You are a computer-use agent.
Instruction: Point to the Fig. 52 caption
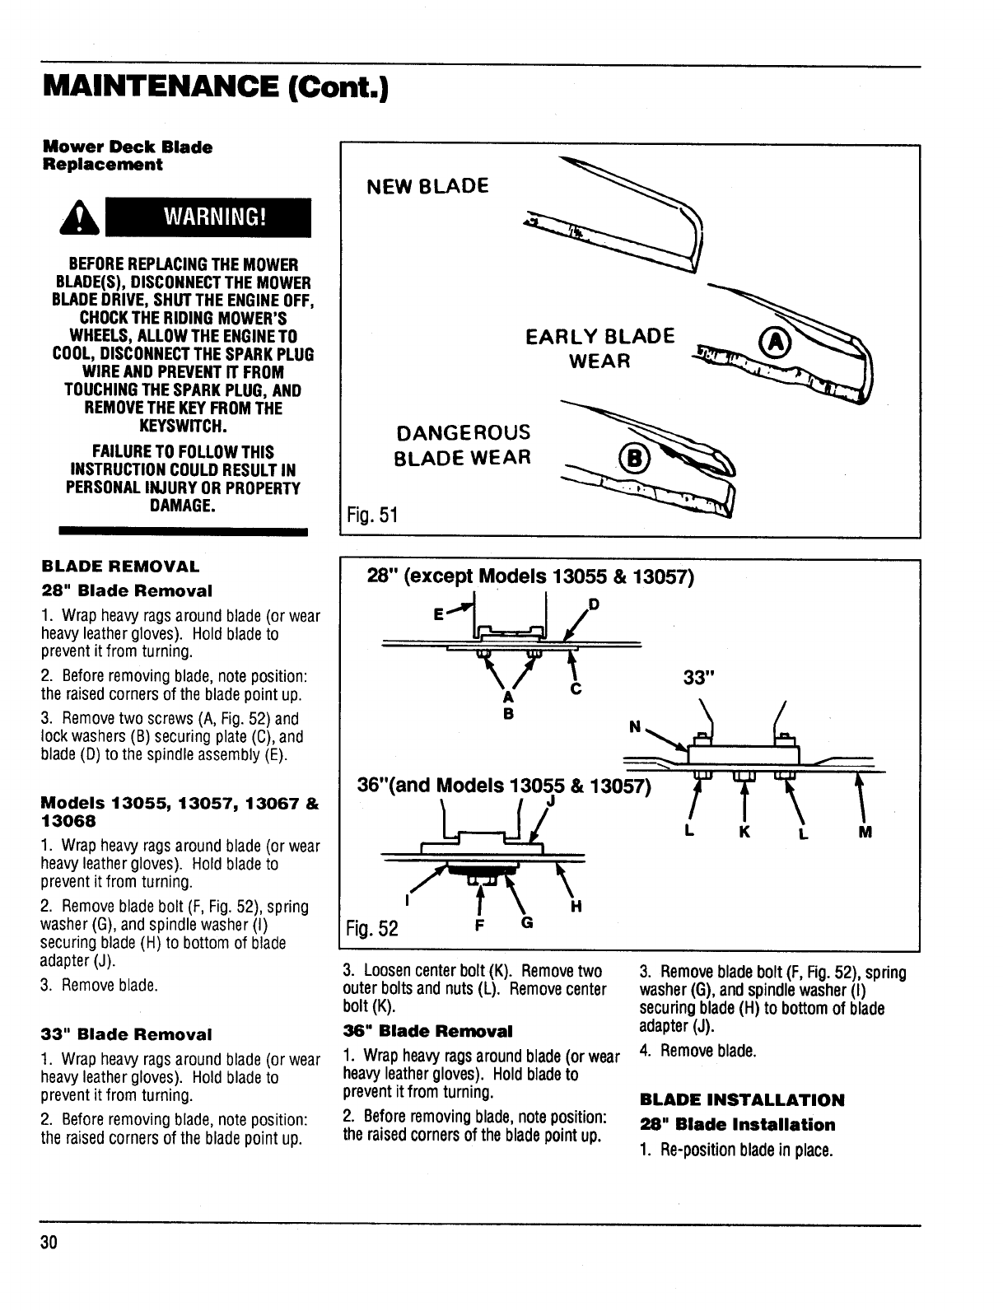click(x=372, y=929)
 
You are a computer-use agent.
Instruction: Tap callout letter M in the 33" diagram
click(x=865, y=832)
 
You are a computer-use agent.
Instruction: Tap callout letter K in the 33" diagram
click(x=744, y=832)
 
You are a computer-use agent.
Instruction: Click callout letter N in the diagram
click(x=635, y=727)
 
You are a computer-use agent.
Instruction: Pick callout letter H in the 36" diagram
click(x=576, y=907)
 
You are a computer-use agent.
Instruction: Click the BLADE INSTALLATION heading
click(x=742, y=1099)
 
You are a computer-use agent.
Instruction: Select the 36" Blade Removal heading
click(x=427, y=1030)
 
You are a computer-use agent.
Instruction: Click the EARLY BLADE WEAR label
click(x=600, y=348)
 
